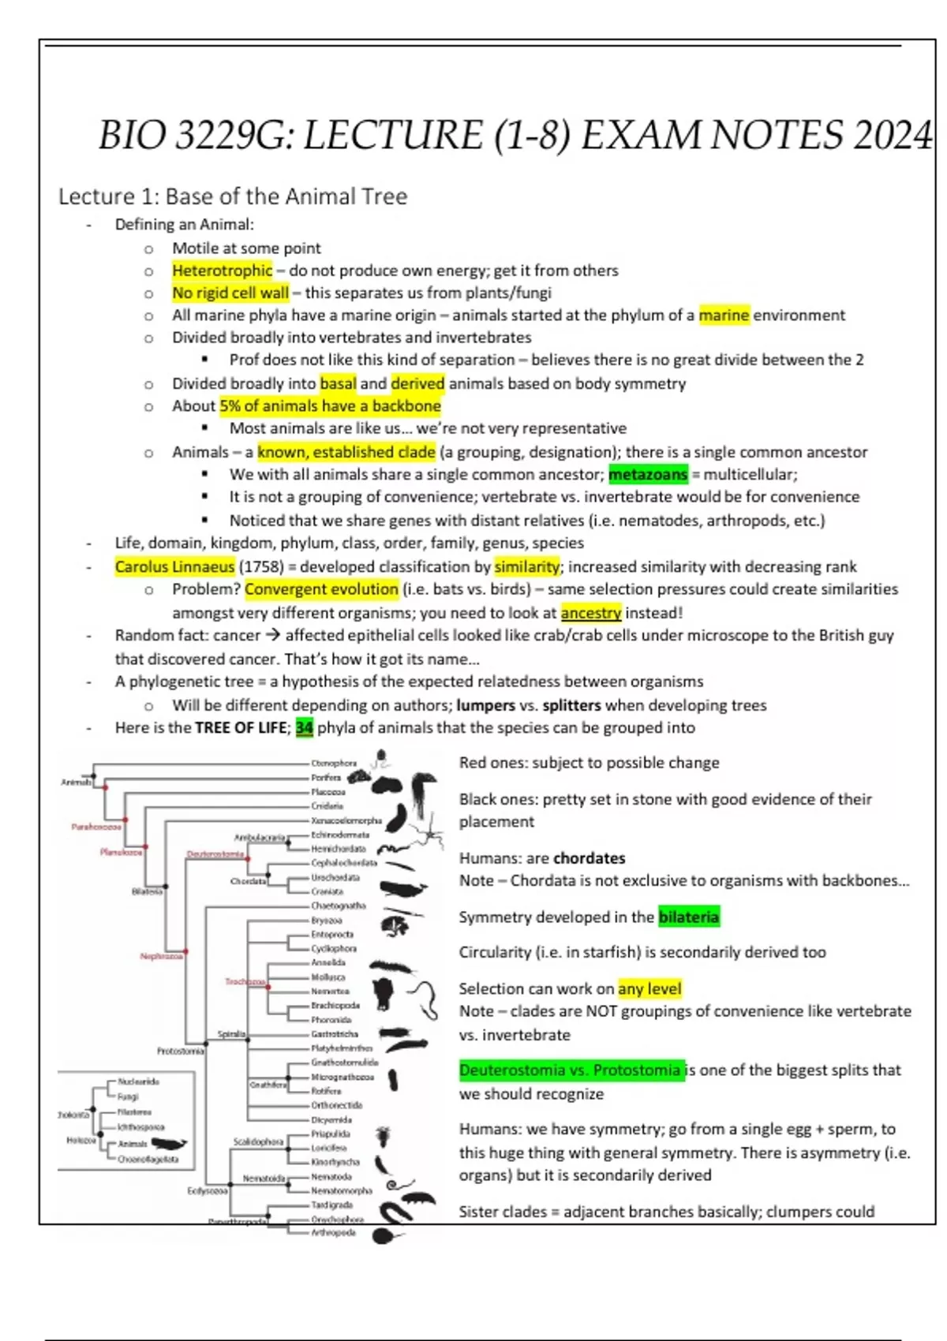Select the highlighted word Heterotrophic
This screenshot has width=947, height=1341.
tap(222, 271)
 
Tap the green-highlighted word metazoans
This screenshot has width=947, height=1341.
tap(647, 475)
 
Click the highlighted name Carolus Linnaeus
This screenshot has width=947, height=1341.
tap(174, 567)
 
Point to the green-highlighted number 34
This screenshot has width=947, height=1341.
tap(304, 728)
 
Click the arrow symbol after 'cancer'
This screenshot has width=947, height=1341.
tap(272, 636)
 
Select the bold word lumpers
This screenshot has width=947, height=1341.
tap(485, 705)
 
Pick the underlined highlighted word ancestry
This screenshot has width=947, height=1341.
tap(590, 613)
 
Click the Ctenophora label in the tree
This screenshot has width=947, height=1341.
tap(334, 764)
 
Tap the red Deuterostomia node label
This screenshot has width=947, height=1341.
tap(215, 854)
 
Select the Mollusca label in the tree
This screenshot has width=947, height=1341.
tap(328, 977)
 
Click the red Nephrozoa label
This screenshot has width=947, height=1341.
tap(161, 957)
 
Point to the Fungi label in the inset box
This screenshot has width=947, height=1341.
tap(128, 1096)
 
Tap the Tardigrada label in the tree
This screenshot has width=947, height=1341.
tap(331, 1205)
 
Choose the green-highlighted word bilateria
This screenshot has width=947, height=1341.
tap(688, 917)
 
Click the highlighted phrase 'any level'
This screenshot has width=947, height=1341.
tap(649, 989)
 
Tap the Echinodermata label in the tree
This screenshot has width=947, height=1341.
tap(339, 835)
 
